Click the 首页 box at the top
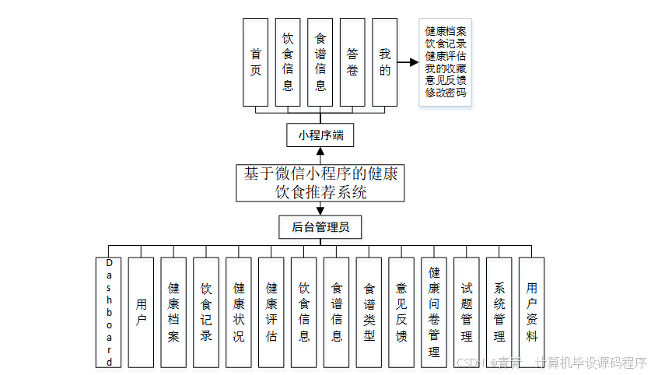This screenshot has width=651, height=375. coord(255,62)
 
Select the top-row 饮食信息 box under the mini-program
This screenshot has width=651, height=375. coord(288,62)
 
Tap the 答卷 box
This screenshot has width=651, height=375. coord(352,62)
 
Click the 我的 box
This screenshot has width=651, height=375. coord(384,62)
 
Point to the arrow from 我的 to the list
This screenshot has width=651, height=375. coord(408,62)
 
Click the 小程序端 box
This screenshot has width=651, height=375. coord(320,135)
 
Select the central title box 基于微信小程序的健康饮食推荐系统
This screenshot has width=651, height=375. coord(320,183)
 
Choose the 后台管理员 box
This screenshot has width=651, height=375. coord(320,227)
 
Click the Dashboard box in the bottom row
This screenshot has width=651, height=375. coord(109,312)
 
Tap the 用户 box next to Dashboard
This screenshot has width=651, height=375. coord(141,312)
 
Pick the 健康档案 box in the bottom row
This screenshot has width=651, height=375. coord(173,312)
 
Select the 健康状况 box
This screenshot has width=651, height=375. coord(239,312)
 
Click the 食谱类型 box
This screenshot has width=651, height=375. coord(369,312)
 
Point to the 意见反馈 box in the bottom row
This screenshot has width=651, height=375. coord(401,312)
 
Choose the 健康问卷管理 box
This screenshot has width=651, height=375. coord(434,312)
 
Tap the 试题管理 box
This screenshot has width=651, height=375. coord(466,312)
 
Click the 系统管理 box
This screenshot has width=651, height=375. coord(499,312)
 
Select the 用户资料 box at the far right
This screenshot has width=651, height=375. coord(531,312)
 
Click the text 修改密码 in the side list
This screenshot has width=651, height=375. coord(446,93)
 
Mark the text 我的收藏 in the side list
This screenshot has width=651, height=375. coord(446,68)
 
